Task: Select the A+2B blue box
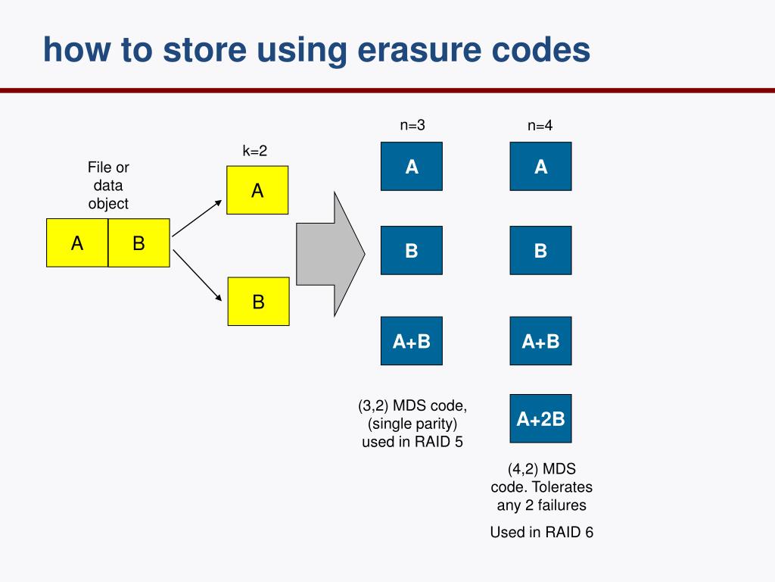(540, 418)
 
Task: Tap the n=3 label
(412, 126)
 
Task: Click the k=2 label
(254, 151)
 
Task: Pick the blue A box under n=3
(411, 166)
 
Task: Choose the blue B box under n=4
(540, 250)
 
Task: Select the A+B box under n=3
(411, 341)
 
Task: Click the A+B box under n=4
(540, 341)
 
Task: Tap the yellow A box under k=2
(258, 190)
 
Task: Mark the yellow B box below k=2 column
(258, 302)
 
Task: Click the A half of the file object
(77, 243)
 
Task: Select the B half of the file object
(139, 243)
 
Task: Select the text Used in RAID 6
(541, 532)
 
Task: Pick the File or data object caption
(108, 186)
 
